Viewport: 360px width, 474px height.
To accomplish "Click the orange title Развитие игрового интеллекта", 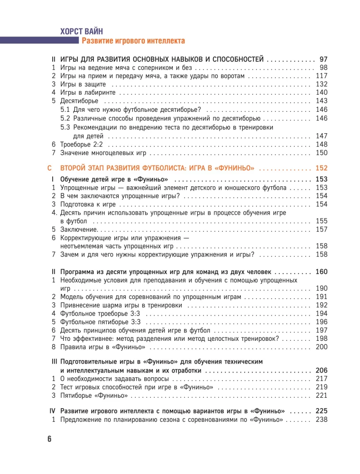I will (x=133, y=41).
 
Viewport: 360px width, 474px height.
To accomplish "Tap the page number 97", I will (x=324, y=59).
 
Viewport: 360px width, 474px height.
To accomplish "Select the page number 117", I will (x=322, y=76).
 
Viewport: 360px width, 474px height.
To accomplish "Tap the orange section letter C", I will (x=50, y=168).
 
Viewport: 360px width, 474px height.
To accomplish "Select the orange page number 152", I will (x=322, y=168).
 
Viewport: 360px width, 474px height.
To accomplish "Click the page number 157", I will (x=322, y=229).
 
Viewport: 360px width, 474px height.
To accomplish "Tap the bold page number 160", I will (x=322, y=272).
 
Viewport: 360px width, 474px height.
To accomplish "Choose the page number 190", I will (x=322, y=289).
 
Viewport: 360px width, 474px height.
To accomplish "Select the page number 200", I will (x=322, y=347).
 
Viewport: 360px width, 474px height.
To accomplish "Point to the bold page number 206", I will (x=322, y=370).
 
